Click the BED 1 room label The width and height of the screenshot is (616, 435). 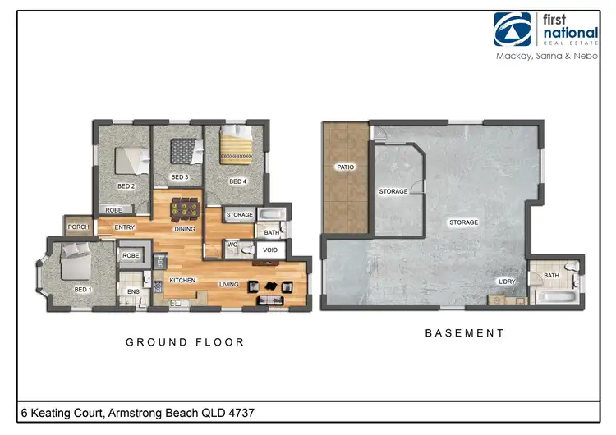point(82,289)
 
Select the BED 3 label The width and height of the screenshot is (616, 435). point(180,177)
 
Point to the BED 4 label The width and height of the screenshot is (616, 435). point(237,181)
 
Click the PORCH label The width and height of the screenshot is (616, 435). point(78,227)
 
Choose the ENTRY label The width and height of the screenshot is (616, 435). point(125,227)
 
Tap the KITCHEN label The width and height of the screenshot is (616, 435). point(182,280)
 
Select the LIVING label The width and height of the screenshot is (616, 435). point(228,285)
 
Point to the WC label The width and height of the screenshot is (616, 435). point(232,244)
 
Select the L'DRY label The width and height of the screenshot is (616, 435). point(508,282)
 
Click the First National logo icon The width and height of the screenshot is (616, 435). point(513,29)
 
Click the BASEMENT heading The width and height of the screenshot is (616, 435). point(464,333)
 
